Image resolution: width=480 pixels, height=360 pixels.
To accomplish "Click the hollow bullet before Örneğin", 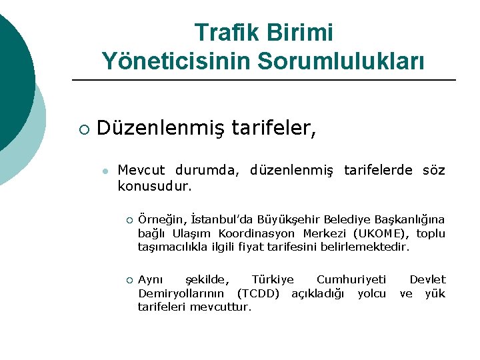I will click(x=130, y=220).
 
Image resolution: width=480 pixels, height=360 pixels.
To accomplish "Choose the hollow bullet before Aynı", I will click(x=130, y=280).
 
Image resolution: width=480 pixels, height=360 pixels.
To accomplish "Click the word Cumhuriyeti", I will click(x=351, y=279).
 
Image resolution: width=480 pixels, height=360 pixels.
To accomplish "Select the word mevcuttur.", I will click(x=221, y=307).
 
